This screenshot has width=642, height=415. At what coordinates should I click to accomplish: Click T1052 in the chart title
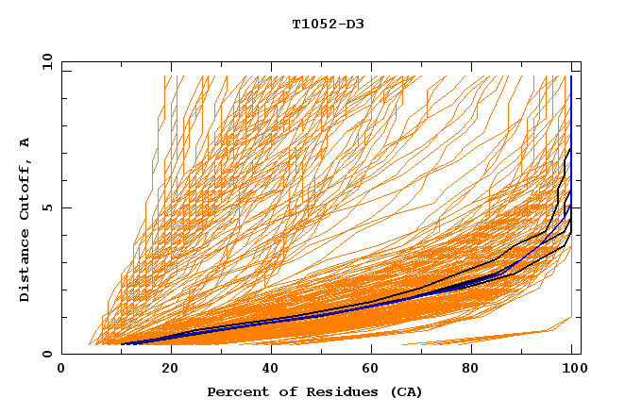point(313,25)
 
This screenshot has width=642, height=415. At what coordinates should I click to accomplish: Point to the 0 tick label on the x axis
point(62,369)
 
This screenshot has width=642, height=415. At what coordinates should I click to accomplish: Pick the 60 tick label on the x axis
point(368,369)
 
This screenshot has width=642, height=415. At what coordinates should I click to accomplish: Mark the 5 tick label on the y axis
point(46,207)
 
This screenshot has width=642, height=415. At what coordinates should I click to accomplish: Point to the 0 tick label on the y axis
point(46,354)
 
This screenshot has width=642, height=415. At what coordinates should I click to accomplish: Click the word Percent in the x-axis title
point(235,391)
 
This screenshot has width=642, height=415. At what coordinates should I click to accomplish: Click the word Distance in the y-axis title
point(25,266)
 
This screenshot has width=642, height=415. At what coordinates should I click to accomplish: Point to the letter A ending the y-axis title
point(25,142)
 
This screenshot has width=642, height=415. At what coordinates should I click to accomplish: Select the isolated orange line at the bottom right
point(491,337)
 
